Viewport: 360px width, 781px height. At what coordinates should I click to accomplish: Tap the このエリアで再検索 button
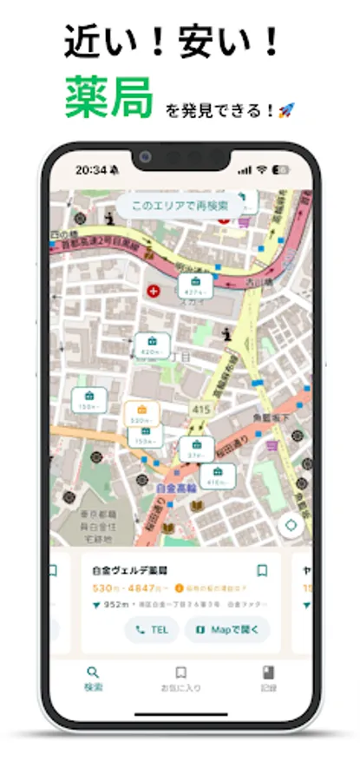tap(180, 206)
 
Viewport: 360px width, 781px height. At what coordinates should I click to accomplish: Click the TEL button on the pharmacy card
tap(152, 629)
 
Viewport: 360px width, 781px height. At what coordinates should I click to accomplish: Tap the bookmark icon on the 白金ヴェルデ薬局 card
tap(262, 570)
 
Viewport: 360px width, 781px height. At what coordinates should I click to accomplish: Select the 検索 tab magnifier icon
tap(94, 672)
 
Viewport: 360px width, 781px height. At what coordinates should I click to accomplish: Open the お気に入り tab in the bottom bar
tap(180, 678)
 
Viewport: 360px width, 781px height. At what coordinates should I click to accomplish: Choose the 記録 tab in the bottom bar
tap(268, 678)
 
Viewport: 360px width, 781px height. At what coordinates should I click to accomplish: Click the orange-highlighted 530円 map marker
tap(141, 412)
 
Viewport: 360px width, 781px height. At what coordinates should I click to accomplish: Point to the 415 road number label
tap(202, 409)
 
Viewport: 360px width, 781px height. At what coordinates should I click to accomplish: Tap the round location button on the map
tap(291, 525)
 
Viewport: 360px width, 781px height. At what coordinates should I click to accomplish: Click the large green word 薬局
tap(108, 96)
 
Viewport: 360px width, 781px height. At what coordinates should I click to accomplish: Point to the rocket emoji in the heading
tap(286, 110)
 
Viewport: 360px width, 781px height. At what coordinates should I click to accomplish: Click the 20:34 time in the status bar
tap(90, 169)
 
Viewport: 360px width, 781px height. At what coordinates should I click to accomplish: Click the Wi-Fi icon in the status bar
tap(262, 169)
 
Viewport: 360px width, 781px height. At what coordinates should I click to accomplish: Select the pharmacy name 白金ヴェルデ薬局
tap(129, 571)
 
